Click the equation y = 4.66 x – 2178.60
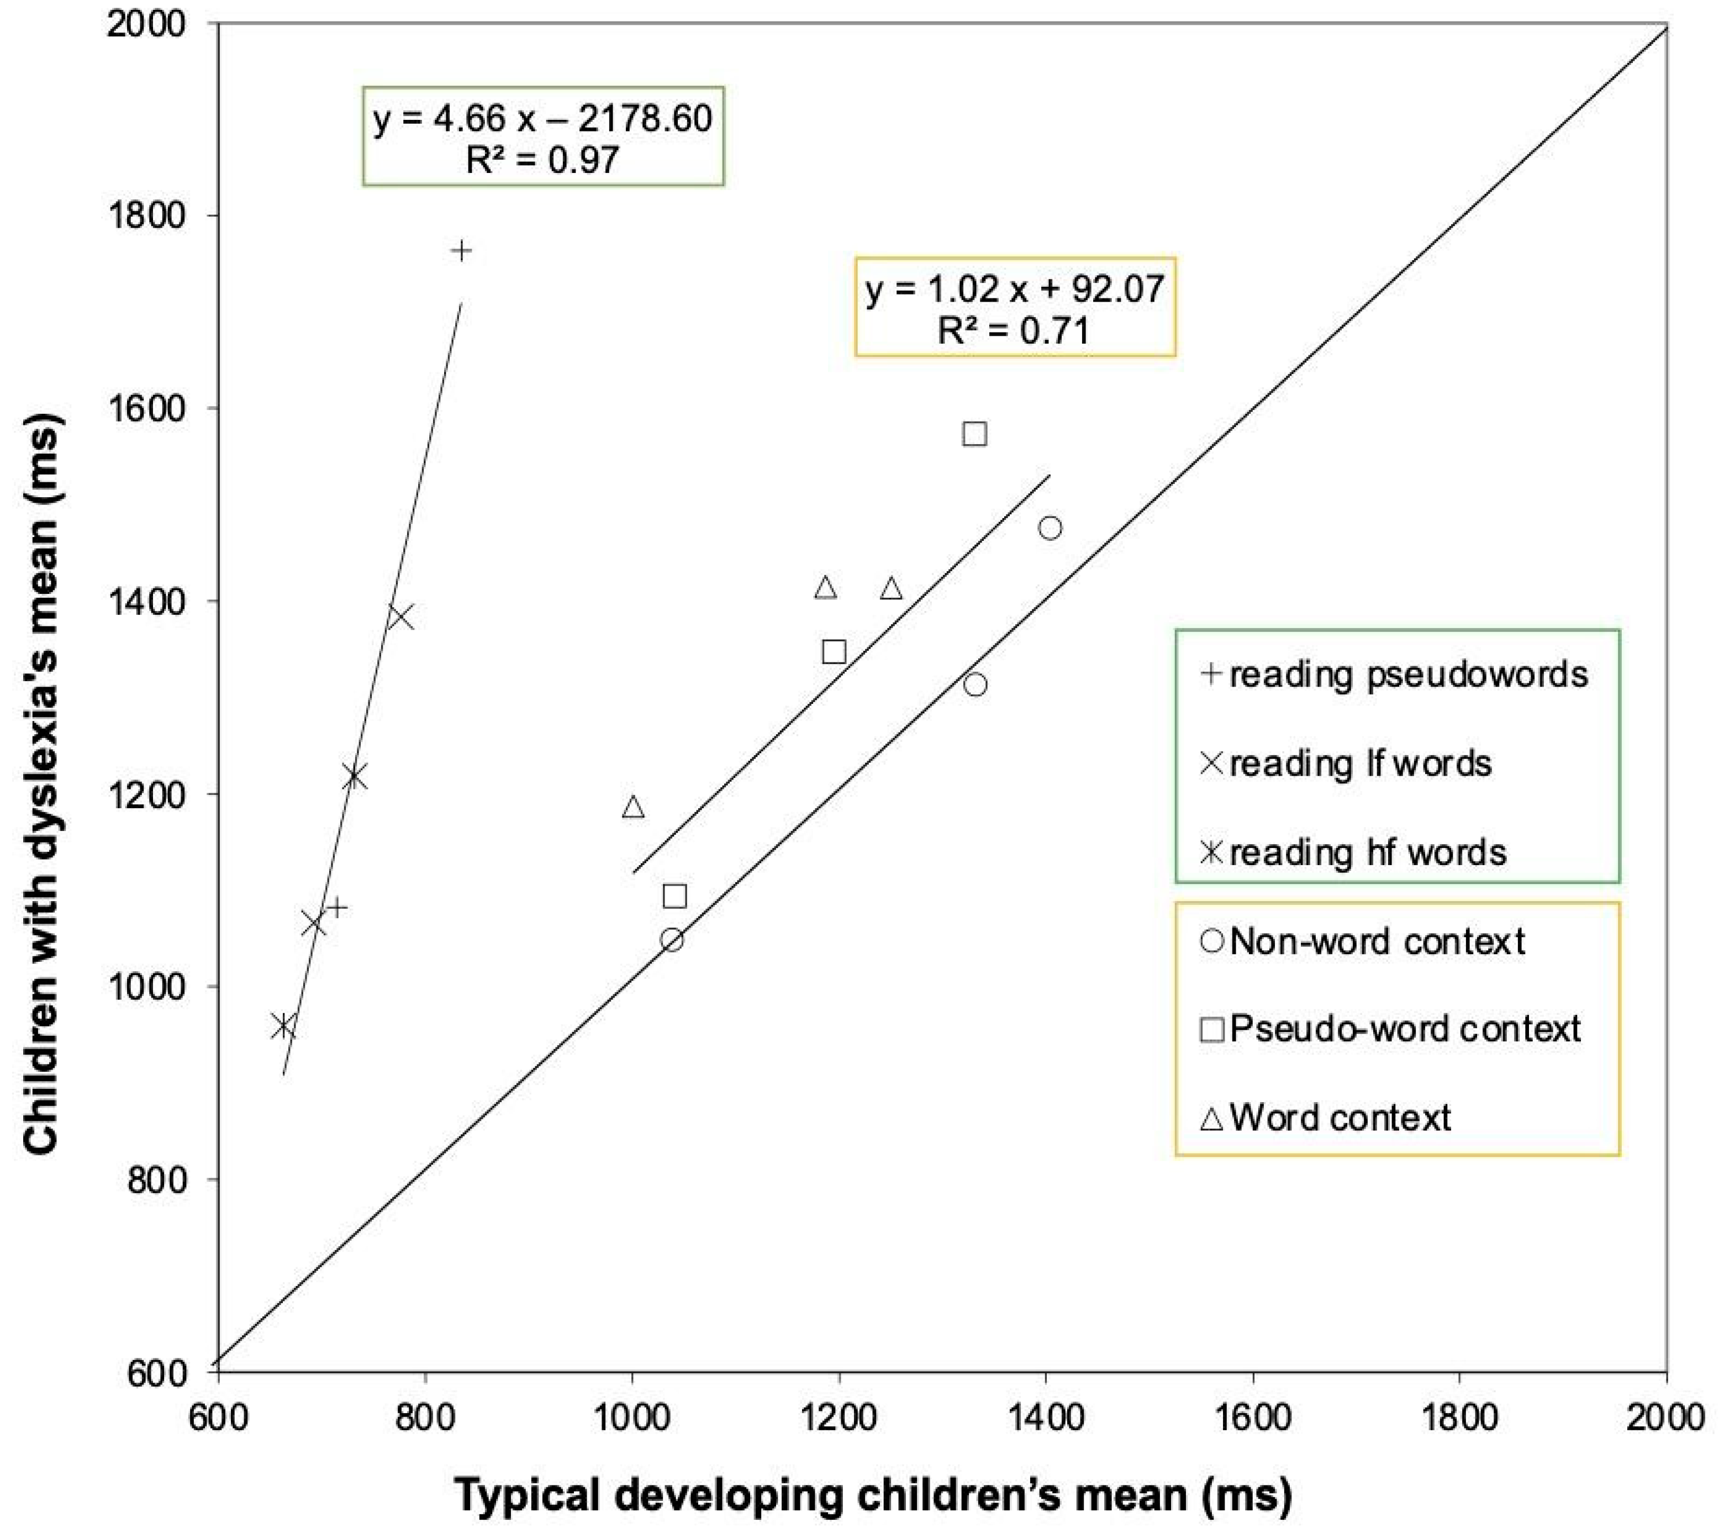pos(542,118)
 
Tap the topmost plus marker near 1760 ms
pos(461,250)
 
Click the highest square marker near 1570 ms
pos(974,434)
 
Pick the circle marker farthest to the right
pos(1050,528)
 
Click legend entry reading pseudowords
pos(1394,675)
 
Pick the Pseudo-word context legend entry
pos(1391,1029)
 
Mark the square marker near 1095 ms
pos(674,896)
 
